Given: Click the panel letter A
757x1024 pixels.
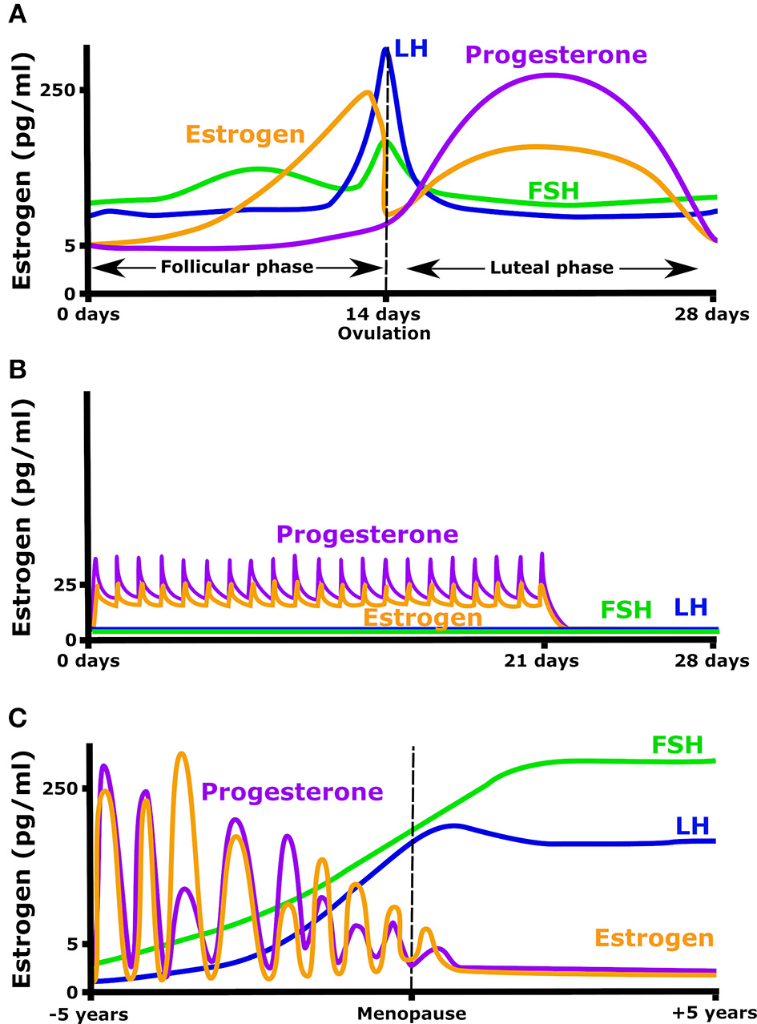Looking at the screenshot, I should click(17, 15).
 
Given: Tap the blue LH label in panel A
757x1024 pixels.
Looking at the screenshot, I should click(411, 48).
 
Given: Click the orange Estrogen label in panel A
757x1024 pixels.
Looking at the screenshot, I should click(245, 133).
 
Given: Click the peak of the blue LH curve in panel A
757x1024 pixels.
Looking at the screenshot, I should click(386, 50).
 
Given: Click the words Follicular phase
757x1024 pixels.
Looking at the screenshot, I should click(237, 267).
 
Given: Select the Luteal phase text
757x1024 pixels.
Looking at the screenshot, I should click(552, 267).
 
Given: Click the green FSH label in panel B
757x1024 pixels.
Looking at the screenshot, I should click(626, 610).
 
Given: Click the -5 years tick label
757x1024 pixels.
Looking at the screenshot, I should click(89, 1014).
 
